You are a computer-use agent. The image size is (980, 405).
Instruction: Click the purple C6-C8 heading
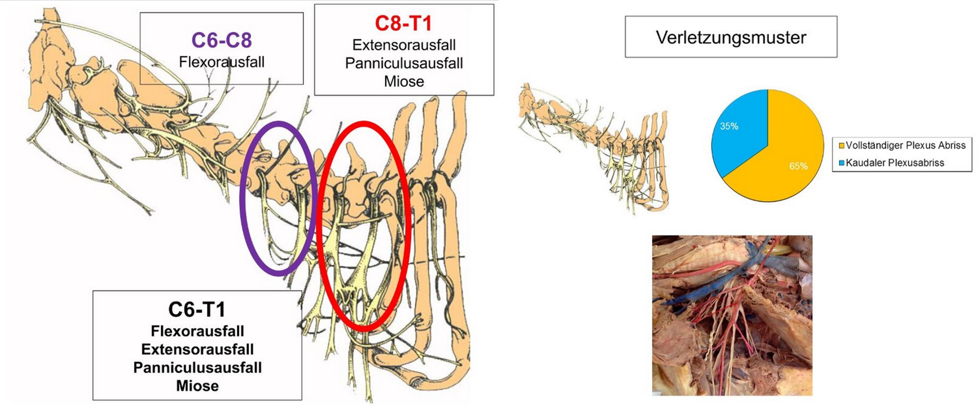click(221, 40)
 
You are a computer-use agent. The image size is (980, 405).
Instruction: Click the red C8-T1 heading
click(403, 23)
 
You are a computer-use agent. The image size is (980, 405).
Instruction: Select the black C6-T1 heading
click(197, 309)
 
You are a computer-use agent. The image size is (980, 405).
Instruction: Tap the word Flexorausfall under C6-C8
click(221, 62)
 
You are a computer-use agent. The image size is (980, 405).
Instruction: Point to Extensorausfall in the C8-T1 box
click(404, 45)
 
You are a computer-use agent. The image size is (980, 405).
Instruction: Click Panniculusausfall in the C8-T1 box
click(404, 63)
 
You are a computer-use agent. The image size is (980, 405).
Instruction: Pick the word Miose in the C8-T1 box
click(404, 81)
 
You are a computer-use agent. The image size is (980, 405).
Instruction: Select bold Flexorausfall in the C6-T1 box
click(197, 331)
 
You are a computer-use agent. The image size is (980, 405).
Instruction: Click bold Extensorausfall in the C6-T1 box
click(197, 349)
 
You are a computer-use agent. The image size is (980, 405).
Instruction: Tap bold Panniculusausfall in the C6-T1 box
click(197, 367)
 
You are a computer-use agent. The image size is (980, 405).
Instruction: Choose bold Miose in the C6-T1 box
click(197, 386)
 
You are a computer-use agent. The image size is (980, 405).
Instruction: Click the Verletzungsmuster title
click(731, 37)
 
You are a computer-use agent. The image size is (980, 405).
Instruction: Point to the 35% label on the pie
click(729, 126)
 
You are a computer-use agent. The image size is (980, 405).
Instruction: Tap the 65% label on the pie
click(798, 166)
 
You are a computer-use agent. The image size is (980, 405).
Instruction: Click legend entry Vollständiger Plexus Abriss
click(905, 145)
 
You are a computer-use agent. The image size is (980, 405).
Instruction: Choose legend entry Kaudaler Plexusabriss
click(895, 163)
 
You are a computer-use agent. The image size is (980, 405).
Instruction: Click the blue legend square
click(842, 163)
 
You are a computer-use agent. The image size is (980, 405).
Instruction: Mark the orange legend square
click(842, 145)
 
